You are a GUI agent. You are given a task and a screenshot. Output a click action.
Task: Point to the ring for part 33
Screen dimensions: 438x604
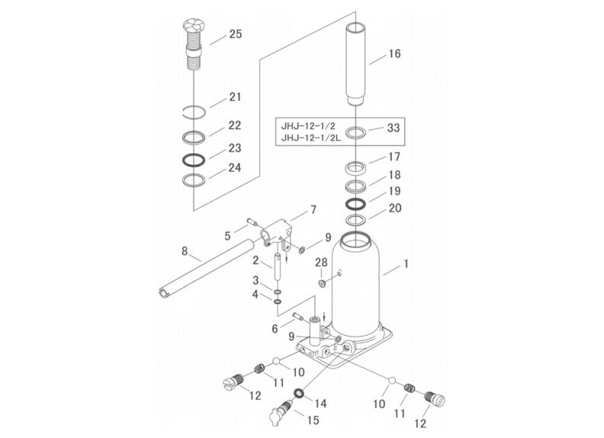(357, 132)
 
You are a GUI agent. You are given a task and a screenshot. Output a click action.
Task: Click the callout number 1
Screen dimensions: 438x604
(406, 264)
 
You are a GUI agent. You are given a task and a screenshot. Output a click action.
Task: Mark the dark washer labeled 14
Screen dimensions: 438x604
(299, 394)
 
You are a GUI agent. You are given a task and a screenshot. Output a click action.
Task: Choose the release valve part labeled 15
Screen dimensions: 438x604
(282, 411)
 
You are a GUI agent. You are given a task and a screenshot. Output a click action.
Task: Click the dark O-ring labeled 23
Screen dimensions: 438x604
(194, 161)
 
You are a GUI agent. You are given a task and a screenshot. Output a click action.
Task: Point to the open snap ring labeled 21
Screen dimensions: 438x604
(196, 112)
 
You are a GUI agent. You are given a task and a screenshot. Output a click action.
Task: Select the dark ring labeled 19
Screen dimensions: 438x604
(355, 205)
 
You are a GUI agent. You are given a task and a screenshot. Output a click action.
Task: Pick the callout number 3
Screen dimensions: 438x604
(257, 281)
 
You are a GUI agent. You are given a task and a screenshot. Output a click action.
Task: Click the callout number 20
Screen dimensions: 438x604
(394, 208)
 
